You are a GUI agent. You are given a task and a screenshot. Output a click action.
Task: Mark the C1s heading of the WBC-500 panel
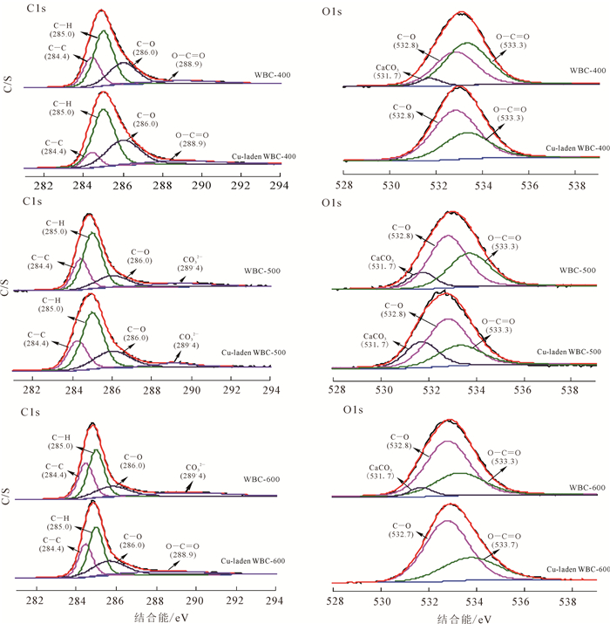[32, 202]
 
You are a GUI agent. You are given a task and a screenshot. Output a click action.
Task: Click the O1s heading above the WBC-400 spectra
[332, 8]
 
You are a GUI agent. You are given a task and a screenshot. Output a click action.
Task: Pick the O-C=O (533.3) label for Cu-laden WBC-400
[512, 114]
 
